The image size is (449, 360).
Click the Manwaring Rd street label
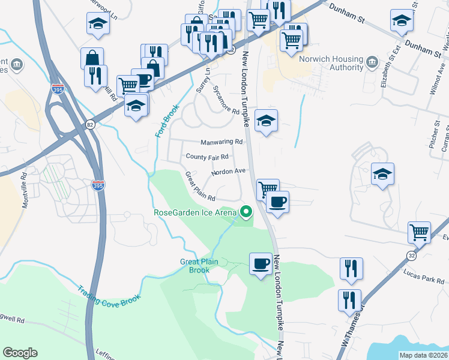coord(222,142)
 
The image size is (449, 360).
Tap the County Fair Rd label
coord(208,157)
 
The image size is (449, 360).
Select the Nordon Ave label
coord(229,171)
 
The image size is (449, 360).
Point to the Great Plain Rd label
coord(200,187)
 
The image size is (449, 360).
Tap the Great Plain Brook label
coord(195,266)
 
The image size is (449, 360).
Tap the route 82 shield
coord(90,124)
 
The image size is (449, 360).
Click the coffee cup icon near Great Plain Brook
coord(261,263)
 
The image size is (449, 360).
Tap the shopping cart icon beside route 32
coord(418,232)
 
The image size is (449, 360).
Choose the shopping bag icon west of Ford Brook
coord(92,59)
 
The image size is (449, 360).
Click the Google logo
coord(20,353)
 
